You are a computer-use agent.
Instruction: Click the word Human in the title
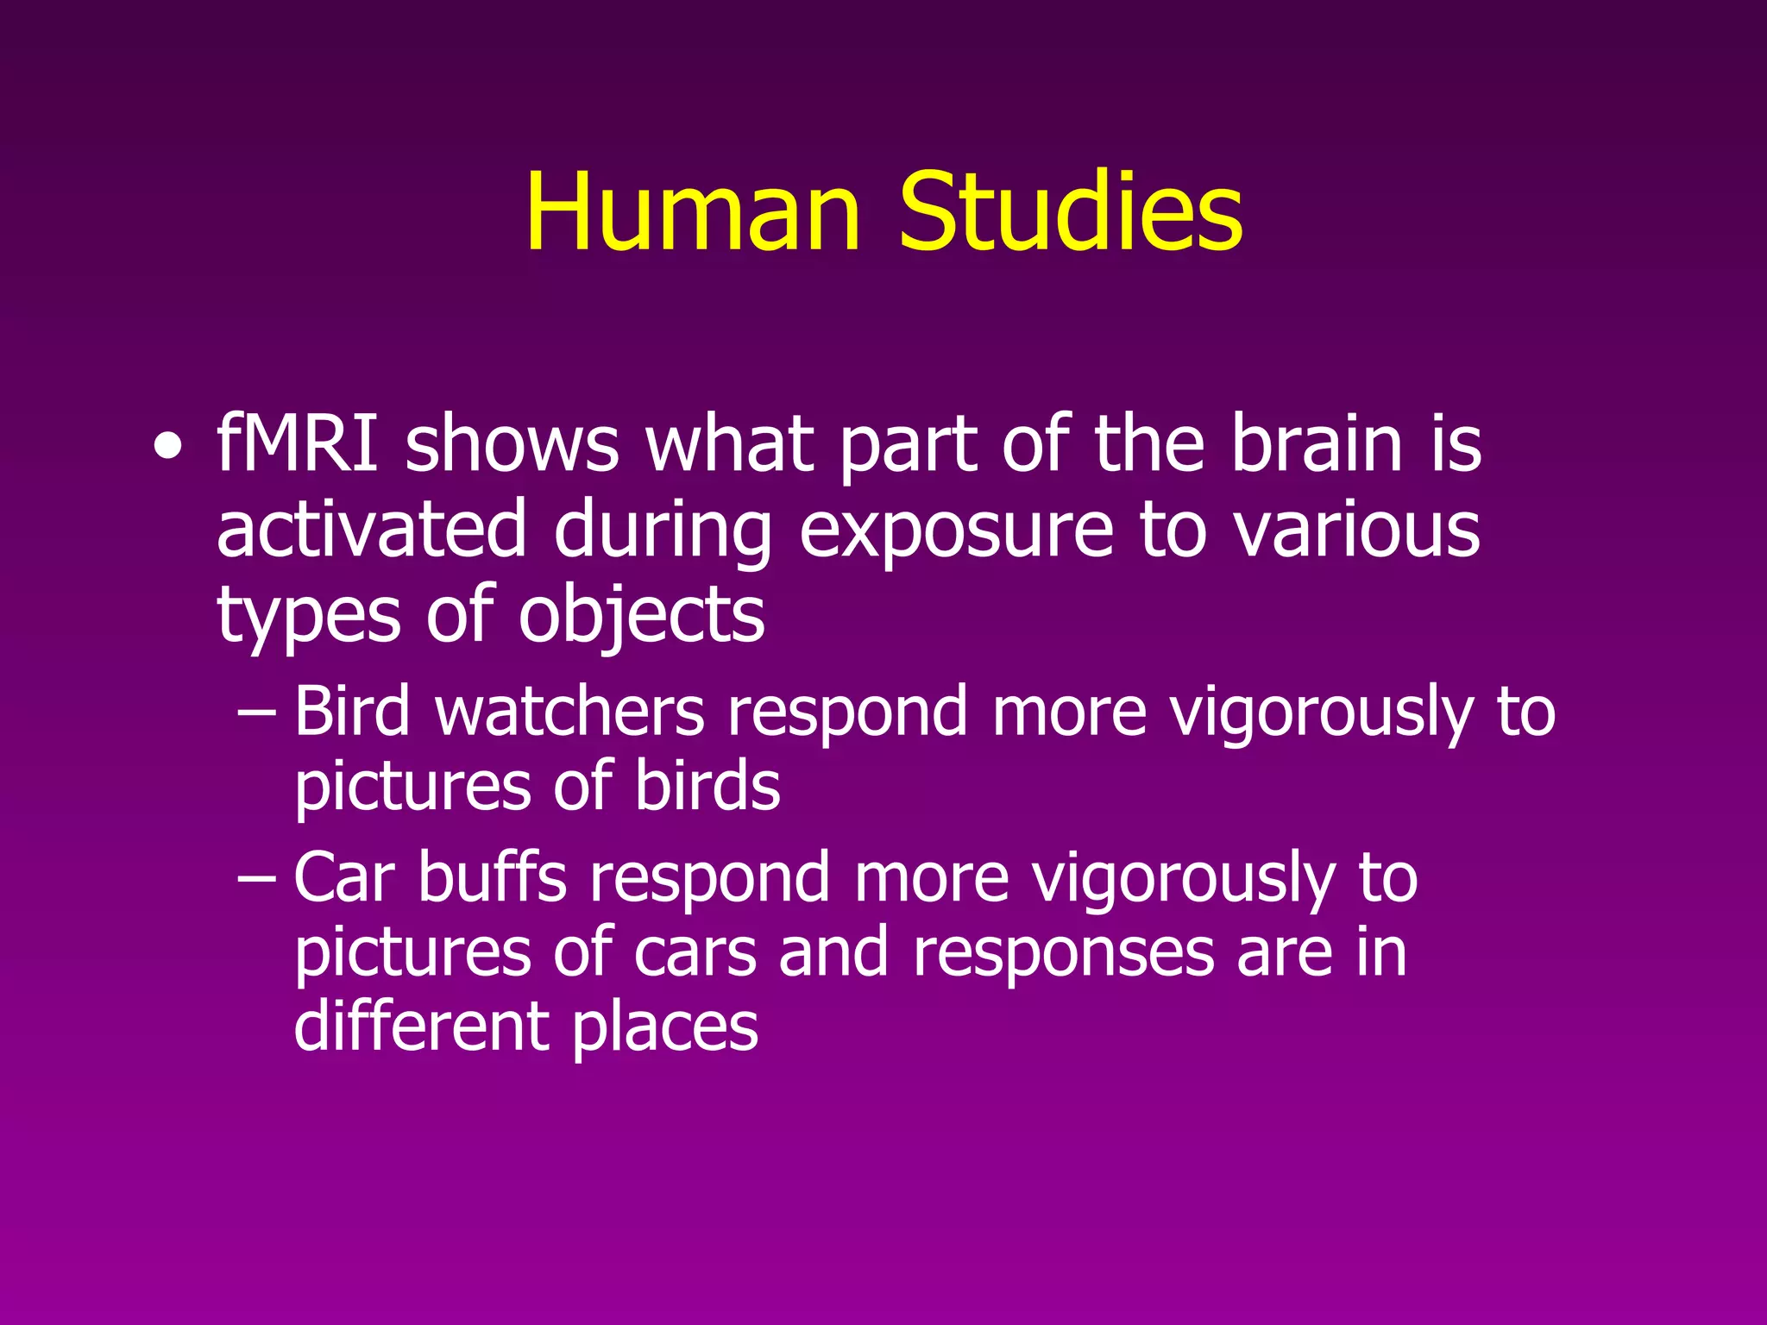pos(693,211)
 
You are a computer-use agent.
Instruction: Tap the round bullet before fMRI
pos(168,448)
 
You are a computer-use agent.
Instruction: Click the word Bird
pos(352,711)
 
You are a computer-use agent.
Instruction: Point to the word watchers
pos(570,711)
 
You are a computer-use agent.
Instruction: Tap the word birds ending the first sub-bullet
pos(707,786)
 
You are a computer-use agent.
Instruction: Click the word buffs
pos(492,877)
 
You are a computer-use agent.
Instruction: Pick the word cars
pos(695,954)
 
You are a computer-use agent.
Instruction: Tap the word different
pos(420,1027)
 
